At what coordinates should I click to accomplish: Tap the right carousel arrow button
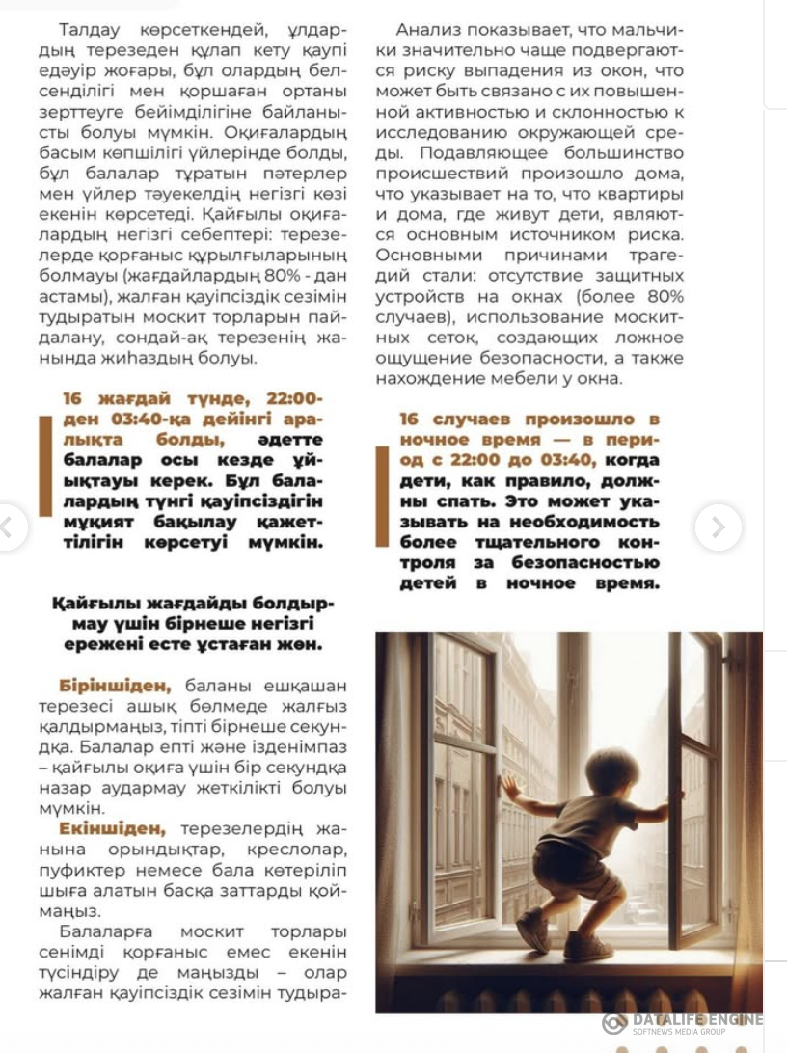point(718,527)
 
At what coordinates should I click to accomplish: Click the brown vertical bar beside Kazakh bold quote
point(44,466)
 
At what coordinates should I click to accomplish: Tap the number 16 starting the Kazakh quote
point(73,399)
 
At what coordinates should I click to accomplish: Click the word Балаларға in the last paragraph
point(103,931)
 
